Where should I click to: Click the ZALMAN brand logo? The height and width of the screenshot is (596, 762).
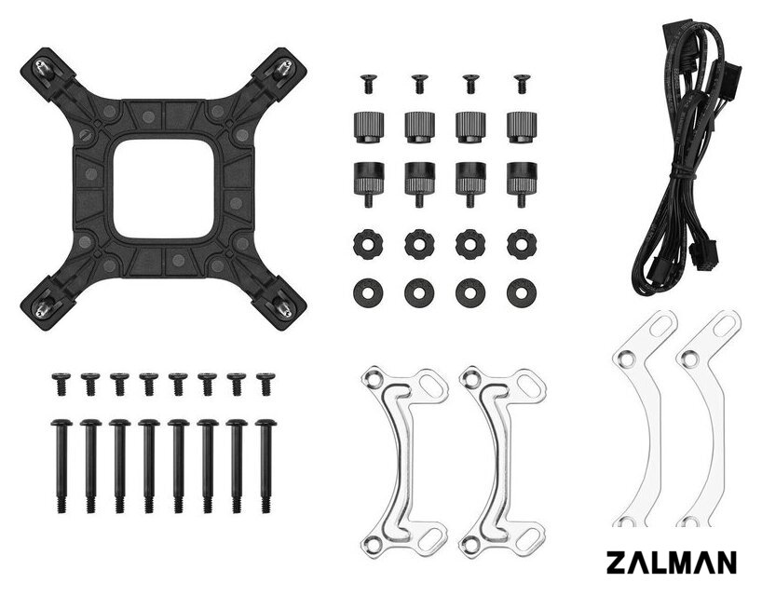coord(671,562)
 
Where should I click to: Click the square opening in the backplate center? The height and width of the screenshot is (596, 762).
coord(164,188)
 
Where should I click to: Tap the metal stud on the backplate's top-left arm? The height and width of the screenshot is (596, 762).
coord(41,68)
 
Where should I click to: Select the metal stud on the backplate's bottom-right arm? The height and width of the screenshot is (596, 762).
coord(282,305)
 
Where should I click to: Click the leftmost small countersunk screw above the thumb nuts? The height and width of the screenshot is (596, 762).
coord(368,84)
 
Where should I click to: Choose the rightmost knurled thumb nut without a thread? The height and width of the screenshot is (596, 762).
coord(522,128)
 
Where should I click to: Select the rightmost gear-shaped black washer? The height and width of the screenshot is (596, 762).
coord(519,242)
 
